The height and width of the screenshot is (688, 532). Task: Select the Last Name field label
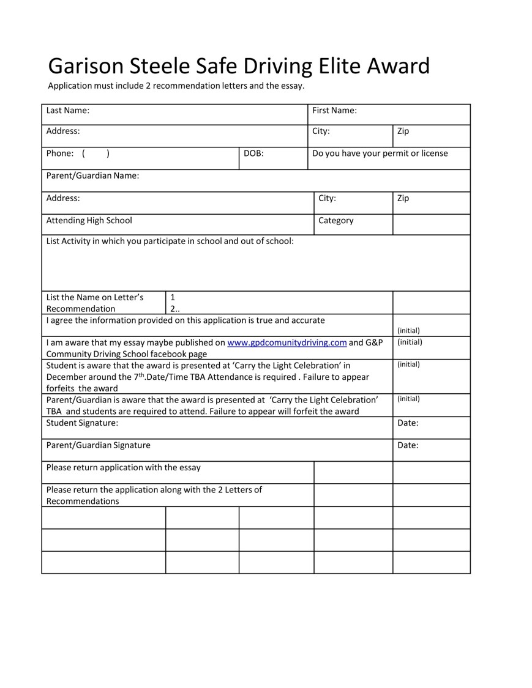tap(68, 111)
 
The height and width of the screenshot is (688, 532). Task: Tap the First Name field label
tap(334, 111)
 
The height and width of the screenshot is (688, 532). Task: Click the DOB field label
tap(253, 153)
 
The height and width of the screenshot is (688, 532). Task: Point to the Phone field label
tap(60, 153)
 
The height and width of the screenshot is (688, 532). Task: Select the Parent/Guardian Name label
tap(92, 176)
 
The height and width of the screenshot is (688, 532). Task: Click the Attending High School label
tap(89, 220)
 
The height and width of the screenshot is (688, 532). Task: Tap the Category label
tap(335, 220)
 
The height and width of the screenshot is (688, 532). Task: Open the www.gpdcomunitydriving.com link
tap(287, 342)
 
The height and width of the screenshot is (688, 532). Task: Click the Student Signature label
tap(82, 423)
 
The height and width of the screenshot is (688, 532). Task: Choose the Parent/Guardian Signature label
tap(98, 445)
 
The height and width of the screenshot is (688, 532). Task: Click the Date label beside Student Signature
tap(408, 423)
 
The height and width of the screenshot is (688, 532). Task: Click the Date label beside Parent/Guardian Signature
tap(408, 445)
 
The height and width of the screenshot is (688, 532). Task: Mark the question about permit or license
tap(380, 153)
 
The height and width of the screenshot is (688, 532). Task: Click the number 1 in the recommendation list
tap(173, 298)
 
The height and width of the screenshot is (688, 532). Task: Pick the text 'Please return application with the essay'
tap(123, 468)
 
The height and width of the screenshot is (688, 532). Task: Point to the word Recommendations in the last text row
tap(83, 501)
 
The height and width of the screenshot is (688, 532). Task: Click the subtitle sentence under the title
tap(176, 86)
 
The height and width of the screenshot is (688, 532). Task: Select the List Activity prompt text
tap(170, 241)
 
